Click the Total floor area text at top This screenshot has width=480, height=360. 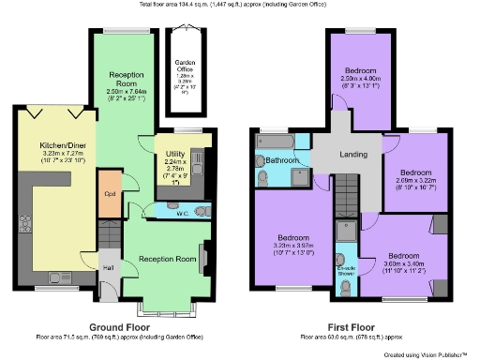coord(239,5)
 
